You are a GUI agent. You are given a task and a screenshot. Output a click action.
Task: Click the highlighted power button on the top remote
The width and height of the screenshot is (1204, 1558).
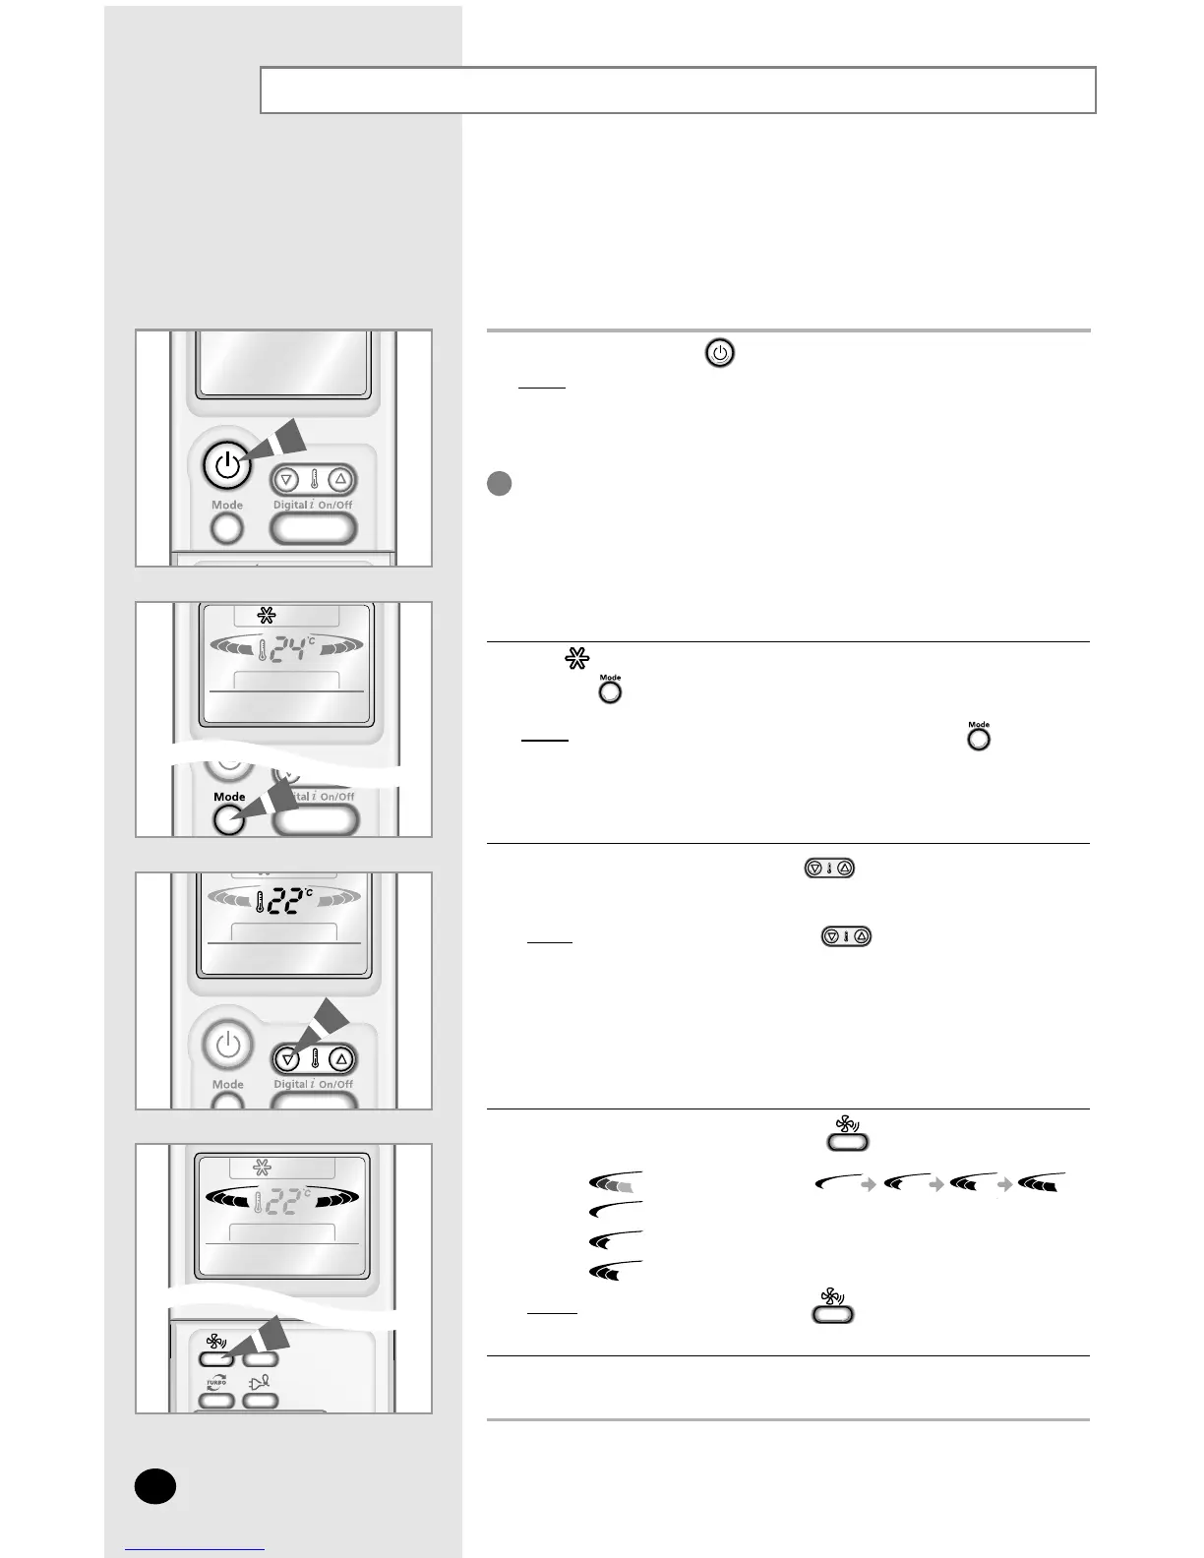click(226, 465)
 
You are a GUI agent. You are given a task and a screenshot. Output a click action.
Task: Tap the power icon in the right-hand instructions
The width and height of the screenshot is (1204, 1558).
click(720, 354)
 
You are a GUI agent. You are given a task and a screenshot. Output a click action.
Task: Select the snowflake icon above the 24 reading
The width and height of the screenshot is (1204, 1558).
click(267, 616)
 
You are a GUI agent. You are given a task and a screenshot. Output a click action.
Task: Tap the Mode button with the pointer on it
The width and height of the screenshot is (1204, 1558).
click(229, 819)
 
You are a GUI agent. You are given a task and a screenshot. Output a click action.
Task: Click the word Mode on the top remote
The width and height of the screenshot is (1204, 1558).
click(226, 505)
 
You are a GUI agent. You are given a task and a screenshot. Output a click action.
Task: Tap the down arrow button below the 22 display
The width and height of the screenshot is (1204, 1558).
click(287, 1059)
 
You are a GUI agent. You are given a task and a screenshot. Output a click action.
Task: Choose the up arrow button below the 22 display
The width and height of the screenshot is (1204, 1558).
click(340, 1059)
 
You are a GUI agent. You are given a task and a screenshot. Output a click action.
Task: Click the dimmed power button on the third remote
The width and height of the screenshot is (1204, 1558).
click(227, 1045)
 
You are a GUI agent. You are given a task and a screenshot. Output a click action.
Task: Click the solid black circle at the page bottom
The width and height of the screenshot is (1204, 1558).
click(155, 1485)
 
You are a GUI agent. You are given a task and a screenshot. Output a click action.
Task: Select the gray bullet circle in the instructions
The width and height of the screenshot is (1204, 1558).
click(499, 484)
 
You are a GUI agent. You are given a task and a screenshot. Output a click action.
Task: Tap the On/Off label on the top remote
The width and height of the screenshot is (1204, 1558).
click(335, 505)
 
